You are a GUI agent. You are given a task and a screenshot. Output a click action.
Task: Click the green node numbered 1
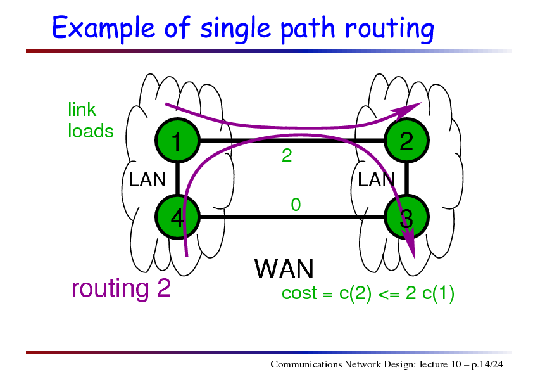(x=177, y=140)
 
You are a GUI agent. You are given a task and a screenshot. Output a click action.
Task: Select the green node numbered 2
(x=406, y=140)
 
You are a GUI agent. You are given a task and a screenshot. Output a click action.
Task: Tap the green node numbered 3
(x=406, y=217)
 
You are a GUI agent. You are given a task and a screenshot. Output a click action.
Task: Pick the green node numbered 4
(x=177, y=217)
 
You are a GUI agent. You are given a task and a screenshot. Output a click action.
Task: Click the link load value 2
(x=287, y=155)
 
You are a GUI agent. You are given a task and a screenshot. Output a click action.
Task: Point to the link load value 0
(x=296, y=205)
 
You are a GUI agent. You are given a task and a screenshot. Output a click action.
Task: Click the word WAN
(x=284, y=269)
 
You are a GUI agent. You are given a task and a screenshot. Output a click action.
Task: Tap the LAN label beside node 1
(x=147, y=179)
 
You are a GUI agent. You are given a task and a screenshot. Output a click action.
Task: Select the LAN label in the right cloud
(x=376, y=179)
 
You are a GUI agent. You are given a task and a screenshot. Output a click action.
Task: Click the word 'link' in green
(x=82, y=110)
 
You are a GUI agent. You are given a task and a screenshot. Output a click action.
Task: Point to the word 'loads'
(x=91, y=131)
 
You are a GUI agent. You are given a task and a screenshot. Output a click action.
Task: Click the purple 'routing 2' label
(x=121, y=288)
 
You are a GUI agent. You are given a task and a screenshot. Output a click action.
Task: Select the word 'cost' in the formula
(x=299, y=293)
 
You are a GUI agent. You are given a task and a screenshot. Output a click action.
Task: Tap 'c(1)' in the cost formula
(x=438, y=293)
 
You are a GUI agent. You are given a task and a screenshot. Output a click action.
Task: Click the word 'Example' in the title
(x=103, y=29)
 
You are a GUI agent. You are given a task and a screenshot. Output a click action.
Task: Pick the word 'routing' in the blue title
(x=389, y=29)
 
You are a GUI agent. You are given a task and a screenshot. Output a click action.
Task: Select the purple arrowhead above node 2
(x=406, y=110)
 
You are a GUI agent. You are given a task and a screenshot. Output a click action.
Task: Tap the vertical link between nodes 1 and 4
(x=177, y=179)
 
